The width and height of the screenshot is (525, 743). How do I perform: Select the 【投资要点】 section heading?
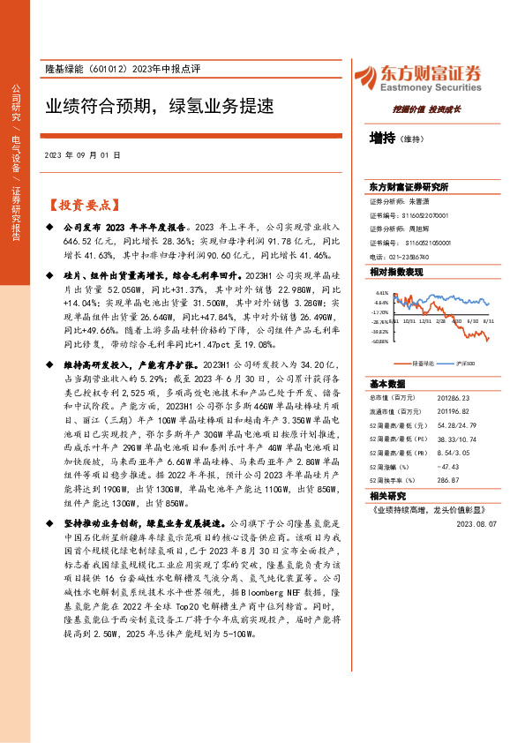81,205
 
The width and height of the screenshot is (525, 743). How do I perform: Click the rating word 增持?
382,138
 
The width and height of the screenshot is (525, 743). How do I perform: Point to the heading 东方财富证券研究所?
409,187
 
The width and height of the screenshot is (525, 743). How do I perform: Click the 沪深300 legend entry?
465,363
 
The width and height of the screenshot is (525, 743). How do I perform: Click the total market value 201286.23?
446,399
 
